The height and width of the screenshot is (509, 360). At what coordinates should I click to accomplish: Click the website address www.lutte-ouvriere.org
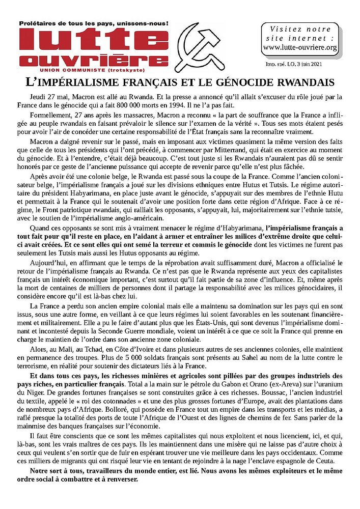[300, 48]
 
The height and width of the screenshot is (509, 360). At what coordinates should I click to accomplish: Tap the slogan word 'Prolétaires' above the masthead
[40, 23]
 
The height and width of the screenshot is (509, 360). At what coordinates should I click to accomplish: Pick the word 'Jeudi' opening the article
[40, 97]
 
